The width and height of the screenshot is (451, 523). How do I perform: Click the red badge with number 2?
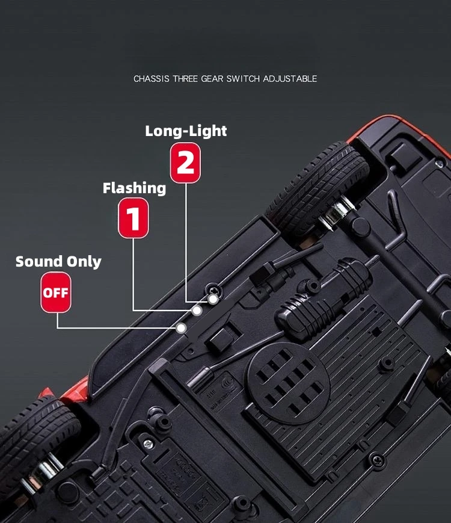click(x=185, y=162)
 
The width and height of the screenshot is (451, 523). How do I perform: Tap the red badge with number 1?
click(x=133, y=218)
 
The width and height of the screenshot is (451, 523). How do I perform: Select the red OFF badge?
click(x=56, y=292)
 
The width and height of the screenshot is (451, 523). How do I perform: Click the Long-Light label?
click(x=186, y=131)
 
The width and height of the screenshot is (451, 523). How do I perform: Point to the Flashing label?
click(x=134, y=188)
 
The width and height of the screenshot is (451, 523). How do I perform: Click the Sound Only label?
click(x=58, y=261)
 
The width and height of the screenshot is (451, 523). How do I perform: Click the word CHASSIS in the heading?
click(x=152, y=79)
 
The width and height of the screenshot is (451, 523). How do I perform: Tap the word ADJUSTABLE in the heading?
click(x=290, y=79)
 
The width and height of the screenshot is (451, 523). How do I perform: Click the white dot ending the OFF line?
click(x=181, y=328)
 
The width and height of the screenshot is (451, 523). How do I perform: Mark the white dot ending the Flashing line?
click(x=197, y=311)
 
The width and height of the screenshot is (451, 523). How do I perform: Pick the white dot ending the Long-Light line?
click(x=213, y=299)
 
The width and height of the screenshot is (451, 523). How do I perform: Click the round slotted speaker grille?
click(x=289, y=383)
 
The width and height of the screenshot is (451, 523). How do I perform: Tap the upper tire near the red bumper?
click(x=318, y=185)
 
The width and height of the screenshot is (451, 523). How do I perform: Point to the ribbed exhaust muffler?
click(x=323, y=297)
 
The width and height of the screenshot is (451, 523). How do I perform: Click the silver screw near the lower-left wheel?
click(x=148, y=444)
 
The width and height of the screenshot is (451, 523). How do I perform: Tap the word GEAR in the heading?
click(x=212, y=79)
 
